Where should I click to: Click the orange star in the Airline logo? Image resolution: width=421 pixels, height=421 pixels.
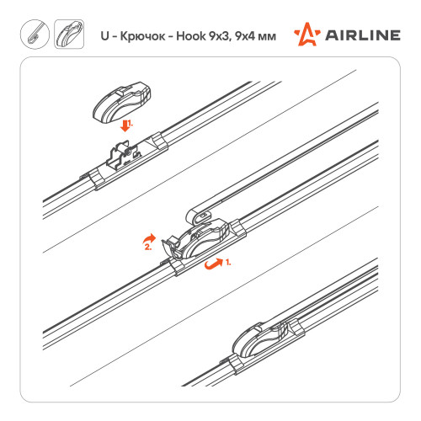[x=307, y=35]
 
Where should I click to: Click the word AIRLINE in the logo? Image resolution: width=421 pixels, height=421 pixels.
[x=363, y=35]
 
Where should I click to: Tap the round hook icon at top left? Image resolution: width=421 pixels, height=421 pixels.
[x=35, y=35]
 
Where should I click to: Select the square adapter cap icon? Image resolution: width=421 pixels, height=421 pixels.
[x=69, y=35]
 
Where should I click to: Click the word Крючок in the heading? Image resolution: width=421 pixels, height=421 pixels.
[x=142, y=36]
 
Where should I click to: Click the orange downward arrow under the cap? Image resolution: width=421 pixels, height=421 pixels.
[x=125, y=126]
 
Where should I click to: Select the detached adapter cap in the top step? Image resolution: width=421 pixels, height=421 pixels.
[x=122, y=103]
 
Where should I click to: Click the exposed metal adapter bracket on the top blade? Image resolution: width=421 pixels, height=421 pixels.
[x=124, y=156]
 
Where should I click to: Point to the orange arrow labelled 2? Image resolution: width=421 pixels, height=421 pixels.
[x=149, y=238]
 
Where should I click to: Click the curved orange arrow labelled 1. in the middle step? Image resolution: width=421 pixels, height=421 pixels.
[x=213, y=264]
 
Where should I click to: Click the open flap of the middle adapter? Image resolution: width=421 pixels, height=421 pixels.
[x=170, y=246]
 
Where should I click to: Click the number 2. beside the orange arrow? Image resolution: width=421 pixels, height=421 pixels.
[x=148, y=248]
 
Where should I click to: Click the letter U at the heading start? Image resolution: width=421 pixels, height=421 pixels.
[x=104, y=36]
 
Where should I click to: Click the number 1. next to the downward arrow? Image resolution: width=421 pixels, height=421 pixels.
[x=130, y=124]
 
